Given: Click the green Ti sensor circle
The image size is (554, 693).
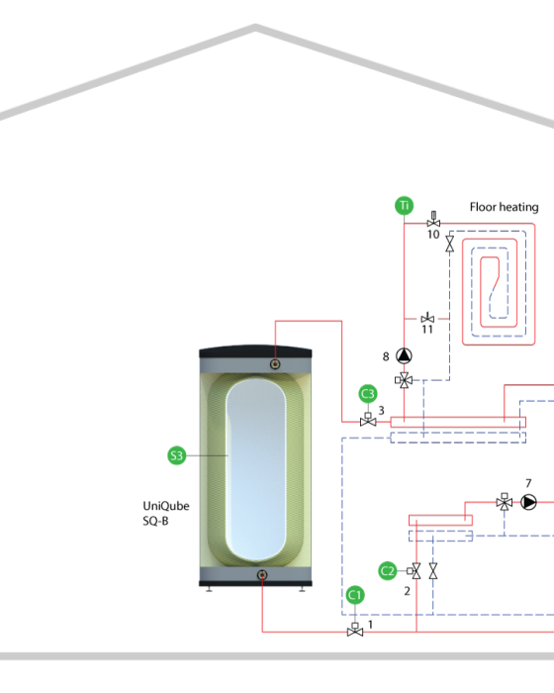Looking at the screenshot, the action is click(404, 206).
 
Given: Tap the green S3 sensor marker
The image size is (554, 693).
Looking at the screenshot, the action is click(177, 455).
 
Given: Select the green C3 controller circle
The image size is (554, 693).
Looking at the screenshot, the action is click(368, 394).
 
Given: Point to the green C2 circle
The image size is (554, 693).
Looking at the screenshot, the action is click(388, 571).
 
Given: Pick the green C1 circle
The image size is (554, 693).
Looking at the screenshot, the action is click(355, 595).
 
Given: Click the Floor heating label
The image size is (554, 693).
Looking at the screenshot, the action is click(505, 207).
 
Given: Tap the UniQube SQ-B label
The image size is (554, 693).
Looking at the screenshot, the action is click(165, 513).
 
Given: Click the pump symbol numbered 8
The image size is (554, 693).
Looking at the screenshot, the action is click(404, 355).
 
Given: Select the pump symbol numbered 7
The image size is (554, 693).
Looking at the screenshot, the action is click(528, 502).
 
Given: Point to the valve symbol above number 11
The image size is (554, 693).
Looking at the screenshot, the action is click(427, 318).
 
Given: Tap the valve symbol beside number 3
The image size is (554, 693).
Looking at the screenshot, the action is click(368, 420).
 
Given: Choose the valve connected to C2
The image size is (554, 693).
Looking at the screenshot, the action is click(415, 571).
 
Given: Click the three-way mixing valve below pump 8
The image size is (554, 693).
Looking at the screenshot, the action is click(404, 379).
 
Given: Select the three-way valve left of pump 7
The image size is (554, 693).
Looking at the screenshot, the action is click(505, 502).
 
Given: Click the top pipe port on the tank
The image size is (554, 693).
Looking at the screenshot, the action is click(275, 364).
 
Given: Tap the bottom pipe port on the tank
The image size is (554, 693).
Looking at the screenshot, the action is click(262, 575).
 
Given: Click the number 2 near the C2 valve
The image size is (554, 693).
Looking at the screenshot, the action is click(407, 591).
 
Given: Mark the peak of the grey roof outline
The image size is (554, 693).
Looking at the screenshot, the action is click(255, 28).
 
